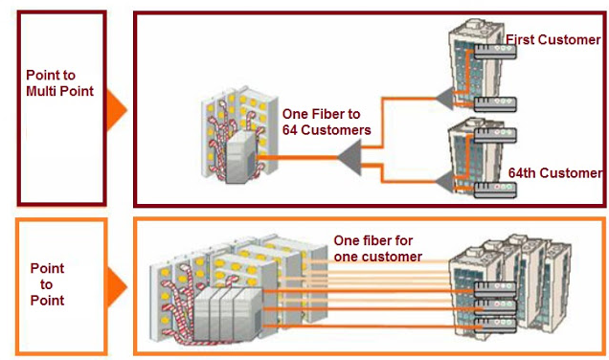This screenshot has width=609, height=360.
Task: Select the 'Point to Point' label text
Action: click(47, 284)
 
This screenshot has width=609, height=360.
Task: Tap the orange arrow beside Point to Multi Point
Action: click(115, 107)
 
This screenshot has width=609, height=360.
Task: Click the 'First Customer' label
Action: click(553, 39)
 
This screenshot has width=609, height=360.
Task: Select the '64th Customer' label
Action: click(553, 173)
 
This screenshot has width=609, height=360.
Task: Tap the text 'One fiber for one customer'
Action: click(377, 249)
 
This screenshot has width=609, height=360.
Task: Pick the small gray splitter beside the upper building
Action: click(443, 97)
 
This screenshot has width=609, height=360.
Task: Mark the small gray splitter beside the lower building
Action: click(443, 178)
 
